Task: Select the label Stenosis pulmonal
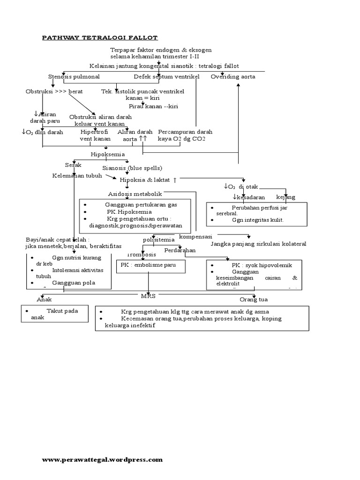point(74,76)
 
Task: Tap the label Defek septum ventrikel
point(166,76)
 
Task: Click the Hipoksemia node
point(108,154)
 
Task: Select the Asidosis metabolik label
point(135,194)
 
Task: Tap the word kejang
point(285,197)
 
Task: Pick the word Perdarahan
point(180,250)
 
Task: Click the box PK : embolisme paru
point(150,266)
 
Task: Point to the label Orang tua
point(253,299)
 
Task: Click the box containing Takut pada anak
point(55,314)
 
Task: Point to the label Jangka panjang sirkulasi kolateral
point(258,244)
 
